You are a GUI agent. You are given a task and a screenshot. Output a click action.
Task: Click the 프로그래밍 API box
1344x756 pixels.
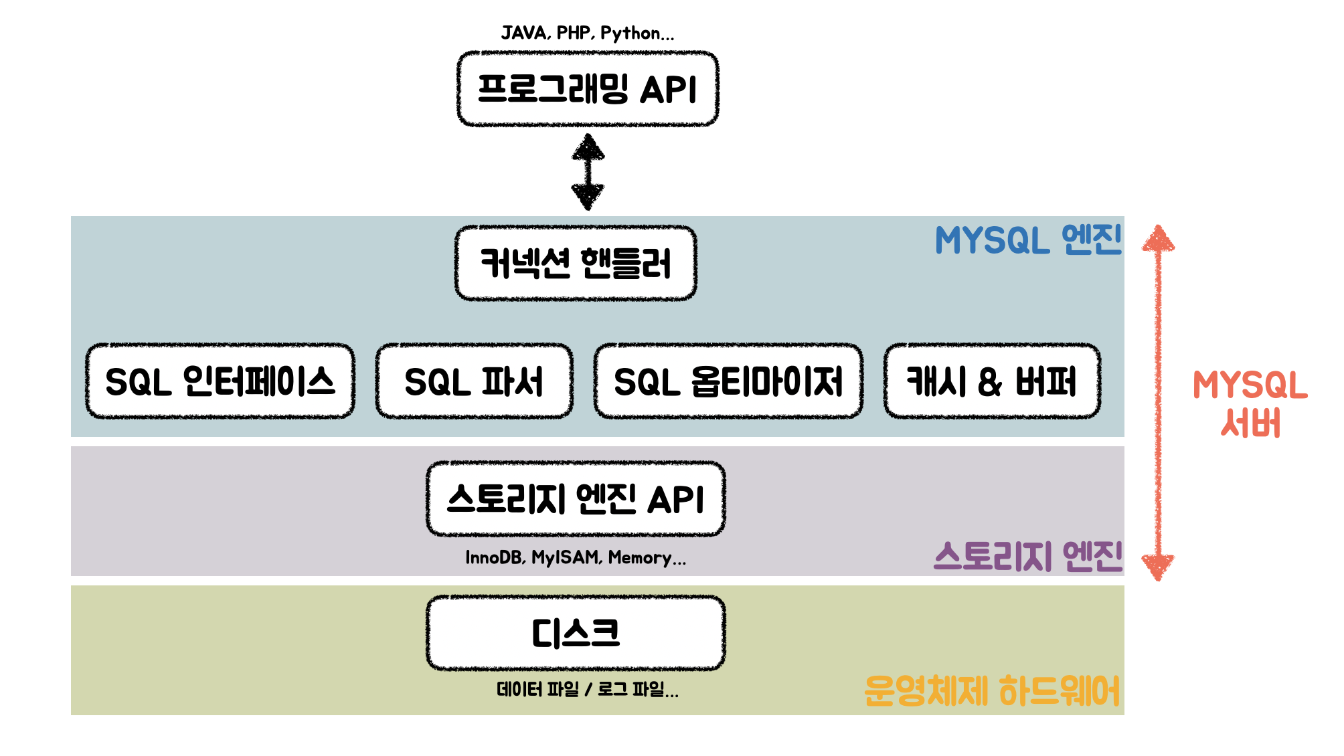[x=588, y=89]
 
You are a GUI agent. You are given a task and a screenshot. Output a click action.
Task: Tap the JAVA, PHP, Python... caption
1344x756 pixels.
[x=588, y=33]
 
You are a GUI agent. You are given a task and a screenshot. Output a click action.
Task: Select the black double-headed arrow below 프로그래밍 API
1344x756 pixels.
[x=588, y=172]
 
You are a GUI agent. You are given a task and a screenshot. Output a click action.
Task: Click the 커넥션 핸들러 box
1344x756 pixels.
[x=576, y=263]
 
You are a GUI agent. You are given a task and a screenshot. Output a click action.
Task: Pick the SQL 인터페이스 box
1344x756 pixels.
[x=220, y=381]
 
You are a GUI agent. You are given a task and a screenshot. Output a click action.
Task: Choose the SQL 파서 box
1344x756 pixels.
[x=474, y=381]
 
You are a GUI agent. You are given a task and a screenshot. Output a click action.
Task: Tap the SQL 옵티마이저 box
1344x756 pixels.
[x=728, y=381]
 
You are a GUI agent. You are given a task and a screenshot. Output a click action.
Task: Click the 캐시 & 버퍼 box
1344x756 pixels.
[x=992, y=381]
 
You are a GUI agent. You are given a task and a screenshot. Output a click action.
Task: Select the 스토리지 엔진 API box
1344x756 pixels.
[x=576, y=499]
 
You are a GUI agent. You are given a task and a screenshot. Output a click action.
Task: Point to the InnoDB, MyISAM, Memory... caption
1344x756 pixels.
[x=576, y=557]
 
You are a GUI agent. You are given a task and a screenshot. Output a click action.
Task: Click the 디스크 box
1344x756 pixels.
[x=576, y=633]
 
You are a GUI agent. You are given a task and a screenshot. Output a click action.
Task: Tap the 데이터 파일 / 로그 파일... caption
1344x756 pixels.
[x=588, y=689]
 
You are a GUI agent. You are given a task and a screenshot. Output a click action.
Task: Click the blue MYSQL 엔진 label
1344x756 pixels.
[x=1028, y=240]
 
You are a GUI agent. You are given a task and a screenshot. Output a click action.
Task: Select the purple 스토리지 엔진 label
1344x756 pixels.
[x=1028, y=556]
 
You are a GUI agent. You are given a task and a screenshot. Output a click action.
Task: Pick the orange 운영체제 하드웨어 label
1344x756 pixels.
[x=992, y=690]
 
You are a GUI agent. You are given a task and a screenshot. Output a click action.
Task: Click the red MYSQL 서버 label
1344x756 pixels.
[x=1250, y=403]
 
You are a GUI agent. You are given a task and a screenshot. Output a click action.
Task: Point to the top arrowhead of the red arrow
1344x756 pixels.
[x=1159, y=238]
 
